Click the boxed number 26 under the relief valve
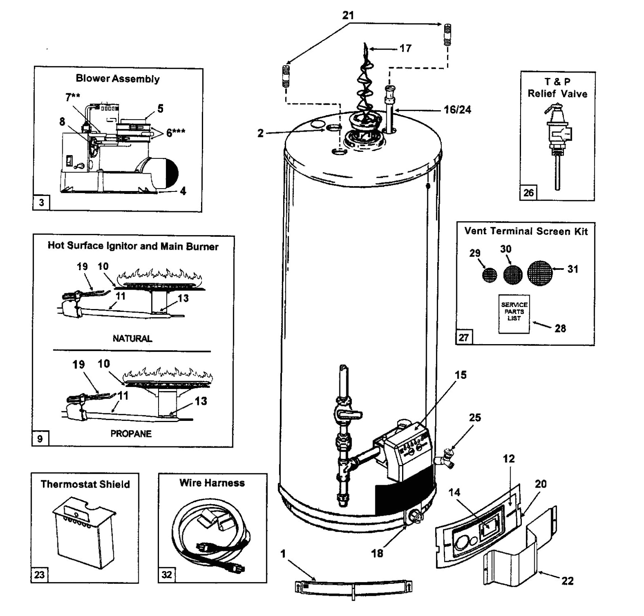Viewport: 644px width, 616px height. coord(528,192)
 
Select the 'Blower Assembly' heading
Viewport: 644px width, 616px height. coord(118,79)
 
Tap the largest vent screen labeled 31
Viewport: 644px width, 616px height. coord(540,272)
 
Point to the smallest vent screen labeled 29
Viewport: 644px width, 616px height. coord(490,275)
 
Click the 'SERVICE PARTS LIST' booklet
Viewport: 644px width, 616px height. coord(514,313)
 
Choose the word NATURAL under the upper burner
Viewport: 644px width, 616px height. coord(132,338)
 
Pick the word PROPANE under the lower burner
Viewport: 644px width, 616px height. coord(131,434)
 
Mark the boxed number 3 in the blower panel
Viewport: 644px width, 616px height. coord(41,203)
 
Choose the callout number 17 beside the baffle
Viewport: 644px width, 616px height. coord(405,48)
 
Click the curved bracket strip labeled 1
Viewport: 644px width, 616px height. coord(353,587)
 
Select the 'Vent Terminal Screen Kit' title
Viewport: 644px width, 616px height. coord(526,231)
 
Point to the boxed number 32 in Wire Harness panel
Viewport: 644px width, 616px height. coord(166,574)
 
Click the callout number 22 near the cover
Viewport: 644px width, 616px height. coord(568,581)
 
